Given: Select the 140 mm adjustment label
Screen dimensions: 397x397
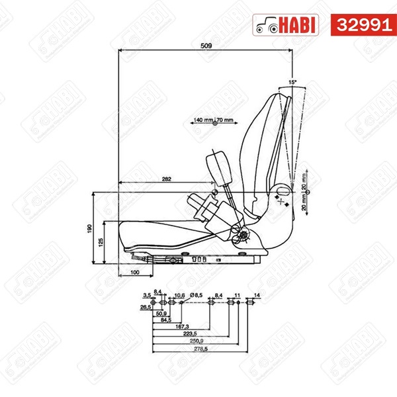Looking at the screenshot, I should click(203, 120).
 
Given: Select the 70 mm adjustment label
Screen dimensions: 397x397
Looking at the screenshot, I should click(225, 120).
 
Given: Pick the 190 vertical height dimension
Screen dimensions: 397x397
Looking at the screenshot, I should click(89, 228).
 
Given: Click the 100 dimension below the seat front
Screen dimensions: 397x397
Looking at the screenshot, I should click(134, 272).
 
